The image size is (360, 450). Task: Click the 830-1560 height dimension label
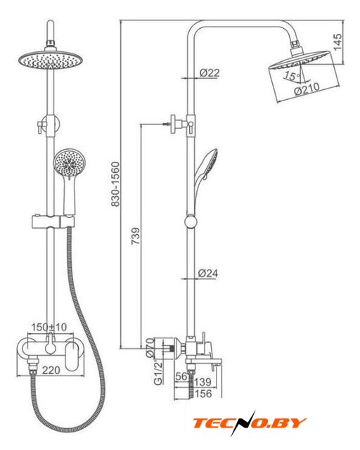pyautogui.click(x=115, y=184)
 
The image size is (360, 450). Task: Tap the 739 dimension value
pyautogui.click(x=136, y=236)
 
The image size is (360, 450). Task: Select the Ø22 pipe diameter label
pyautogui.click(x=210, y=72)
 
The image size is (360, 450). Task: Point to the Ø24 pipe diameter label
pyautogui.click(x=208, y=273)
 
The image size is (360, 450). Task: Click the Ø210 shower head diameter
pyautogui.click(x=307, y=89)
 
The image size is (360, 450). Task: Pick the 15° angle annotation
pyautogui.click(x=291, y=77)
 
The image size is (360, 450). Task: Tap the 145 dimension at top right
pyautogui.click(x=337, y=42)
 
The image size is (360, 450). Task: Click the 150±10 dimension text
pyautogui.click(x=49, y=327)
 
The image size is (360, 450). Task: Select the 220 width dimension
pyautogui.click(x=51, y=370)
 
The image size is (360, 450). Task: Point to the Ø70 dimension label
pyautogui.click(x=150, y=347)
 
